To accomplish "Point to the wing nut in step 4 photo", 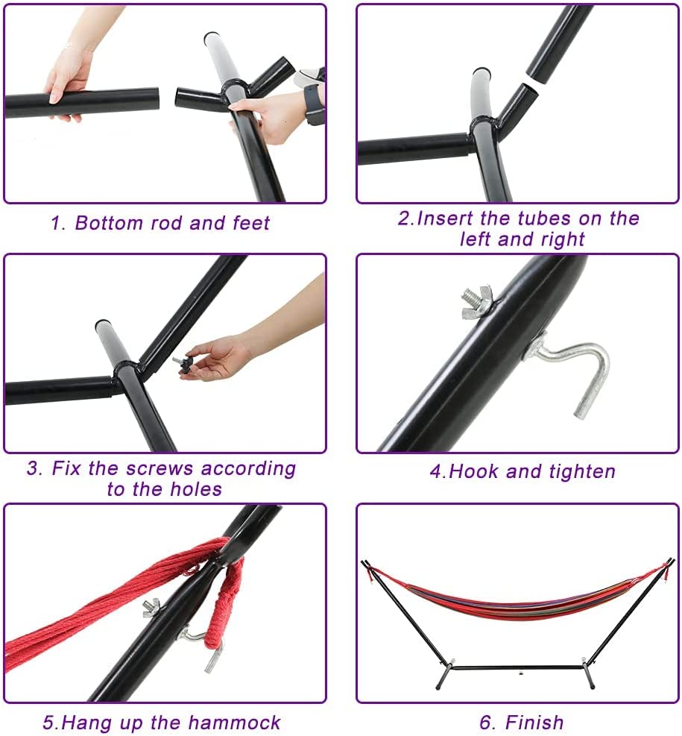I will [x=476, y=301].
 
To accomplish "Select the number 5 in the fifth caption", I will [x=48, y=723].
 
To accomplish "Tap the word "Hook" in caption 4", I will [x=474, y=471].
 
